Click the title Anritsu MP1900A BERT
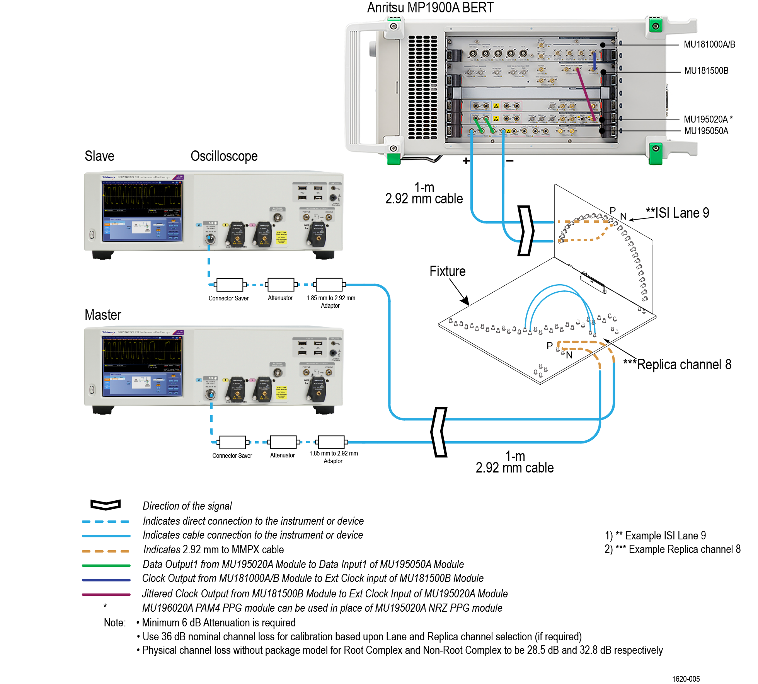click(x=430, y=8)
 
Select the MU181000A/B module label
click(x=709, y=44)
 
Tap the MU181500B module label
click(x=706, y=71)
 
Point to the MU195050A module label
click(x=706, y=131)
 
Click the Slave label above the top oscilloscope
click(x=99, y=156)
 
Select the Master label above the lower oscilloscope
click(x=103, y=315)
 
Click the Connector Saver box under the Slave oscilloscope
click(x=230, y=285)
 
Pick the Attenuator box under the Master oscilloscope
click(x=283, y=442)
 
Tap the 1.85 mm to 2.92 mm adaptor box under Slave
click(x=329, y=285)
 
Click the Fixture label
click(x=447, y=271)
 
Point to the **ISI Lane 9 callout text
click(x=677, y=213)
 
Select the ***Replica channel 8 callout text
click(x=677, y=365)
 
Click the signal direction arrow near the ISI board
click(x=525, y=230)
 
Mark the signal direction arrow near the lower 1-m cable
click(x=439, y=432)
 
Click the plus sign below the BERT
click(x=466, y=161)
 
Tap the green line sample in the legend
click(x=106, y=565)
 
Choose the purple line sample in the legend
click(x=106, y=594)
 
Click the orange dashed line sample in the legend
click(x=106, y=551)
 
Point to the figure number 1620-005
click(x=686, y=679)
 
